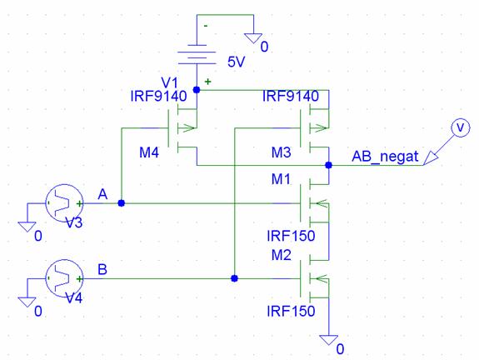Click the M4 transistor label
point(149,152)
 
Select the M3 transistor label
point(281,152)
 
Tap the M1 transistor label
point(281,179)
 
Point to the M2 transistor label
point(281,254)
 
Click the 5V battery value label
point(236,62)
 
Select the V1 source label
point(169,82)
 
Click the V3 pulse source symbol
point(64,203)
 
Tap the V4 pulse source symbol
point(64,278)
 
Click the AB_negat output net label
point(385,157)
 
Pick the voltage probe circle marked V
point(461,127)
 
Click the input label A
point(102,194)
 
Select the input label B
point(102,269)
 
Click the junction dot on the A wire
point(122,203)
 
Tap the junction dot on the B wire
point(234,278)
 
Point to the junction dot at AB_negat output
point(329,165)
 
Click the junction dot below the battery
point(197,90)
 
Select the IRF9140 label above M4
point(158,97)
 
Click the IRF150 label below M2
point(291,311)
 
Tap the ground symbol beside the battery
point(253,38)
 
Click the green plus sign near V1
point(207,82)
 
